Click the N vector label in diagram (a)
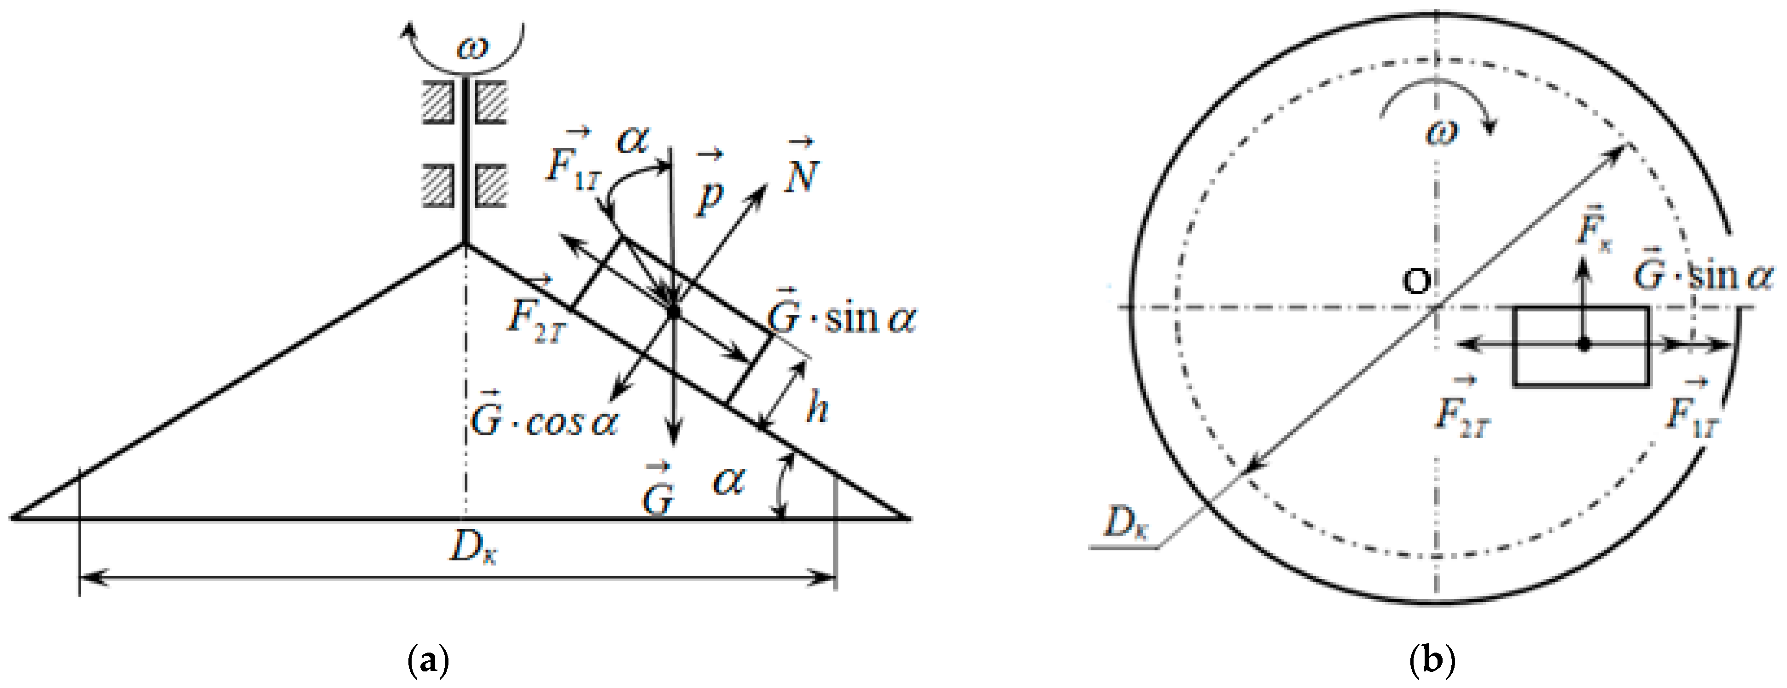pos(801,170)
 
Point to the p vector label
pos(710,187)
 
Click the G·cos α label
pos(543,420)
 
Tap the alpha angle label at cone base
pos(728,480)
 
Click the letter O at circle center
pos(1416,282)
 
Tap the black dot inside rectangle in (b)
pos(1583,344)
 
